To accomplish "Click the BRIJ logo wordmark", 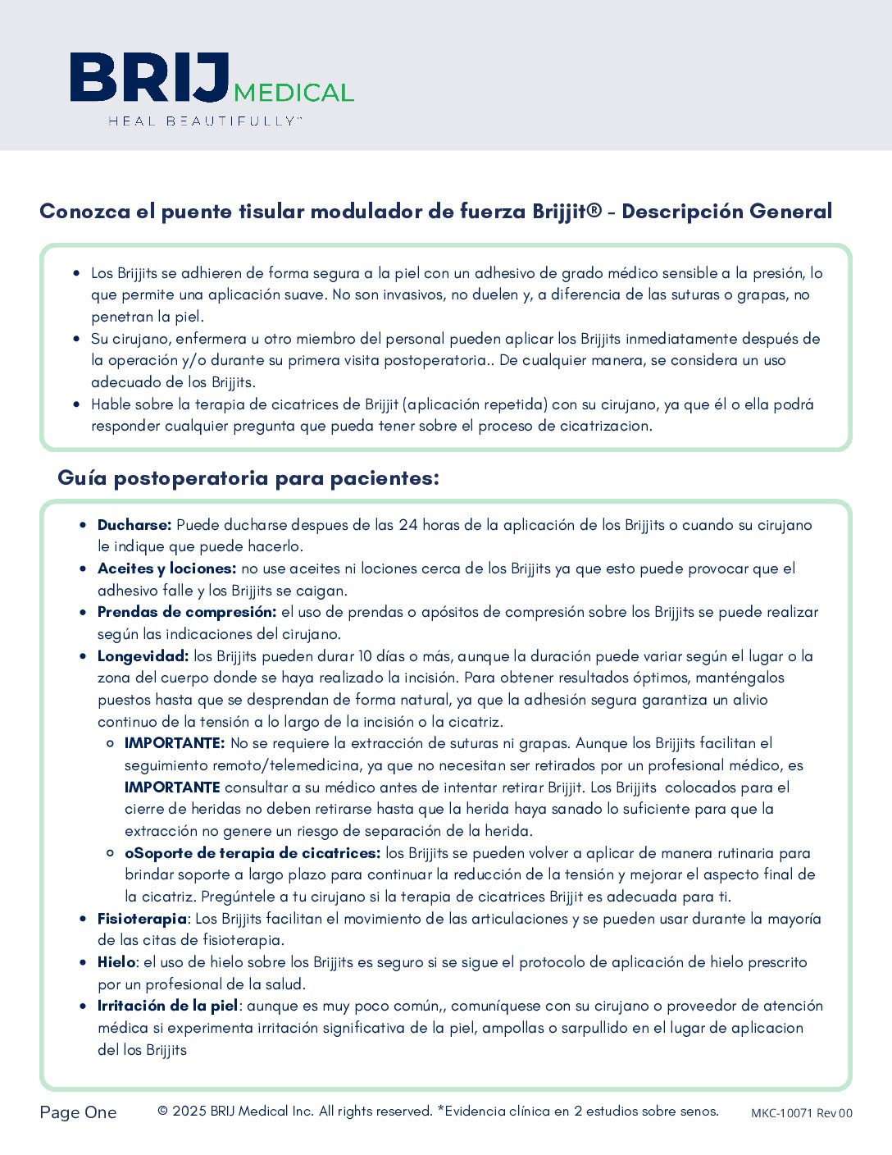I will [x=149, y=78].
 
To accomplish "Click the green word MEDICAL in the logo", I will [x=294, y=92].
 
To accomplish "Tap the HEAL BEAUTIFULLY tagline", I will [x=205, y=121].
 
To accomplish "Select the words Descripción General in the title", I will [x=726, y=212].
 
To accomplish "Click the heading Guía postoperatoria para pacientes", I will [x=248, y=478].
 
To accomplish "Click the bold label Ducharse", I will [x=134, y=525].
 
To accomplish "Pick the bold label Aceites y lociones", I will [x=166, y=568].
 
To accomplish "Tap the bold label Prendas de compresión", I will [x=187, y=612].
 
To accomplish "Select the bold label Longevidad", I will [x=143, y=656].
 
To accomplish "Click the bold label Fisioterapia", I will [x=142, y=919].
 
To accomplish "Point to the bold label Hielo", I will [x=116, y=962].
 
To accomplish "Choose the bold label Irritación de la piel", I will [x=168, y=1006].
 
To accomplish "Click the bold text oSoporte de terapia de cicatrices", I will [x=253, y=853].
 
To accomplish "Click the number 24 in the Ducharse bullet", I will [x=408, y=525].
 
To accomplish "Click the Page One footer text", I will [x=78, y=1112].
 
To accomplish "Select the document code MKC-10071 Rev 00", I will [x=801, y=1113].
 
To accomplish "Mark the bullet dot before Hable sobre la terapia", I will [x=77, y=404].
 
